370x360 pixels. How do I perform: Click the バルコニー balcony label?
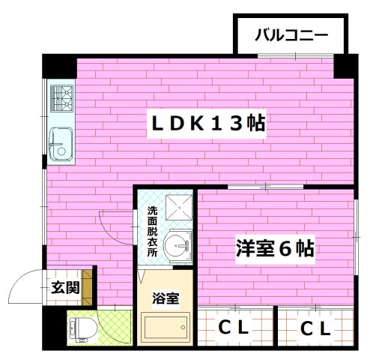(x=290, y=34)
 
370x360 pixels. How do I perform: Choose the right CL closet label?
(x=315, y=328)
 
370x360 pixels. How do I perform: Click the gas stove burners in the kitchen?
(x=60, y=97)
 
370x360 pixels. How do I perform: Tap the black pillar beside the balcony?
(x=344, y=66)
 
